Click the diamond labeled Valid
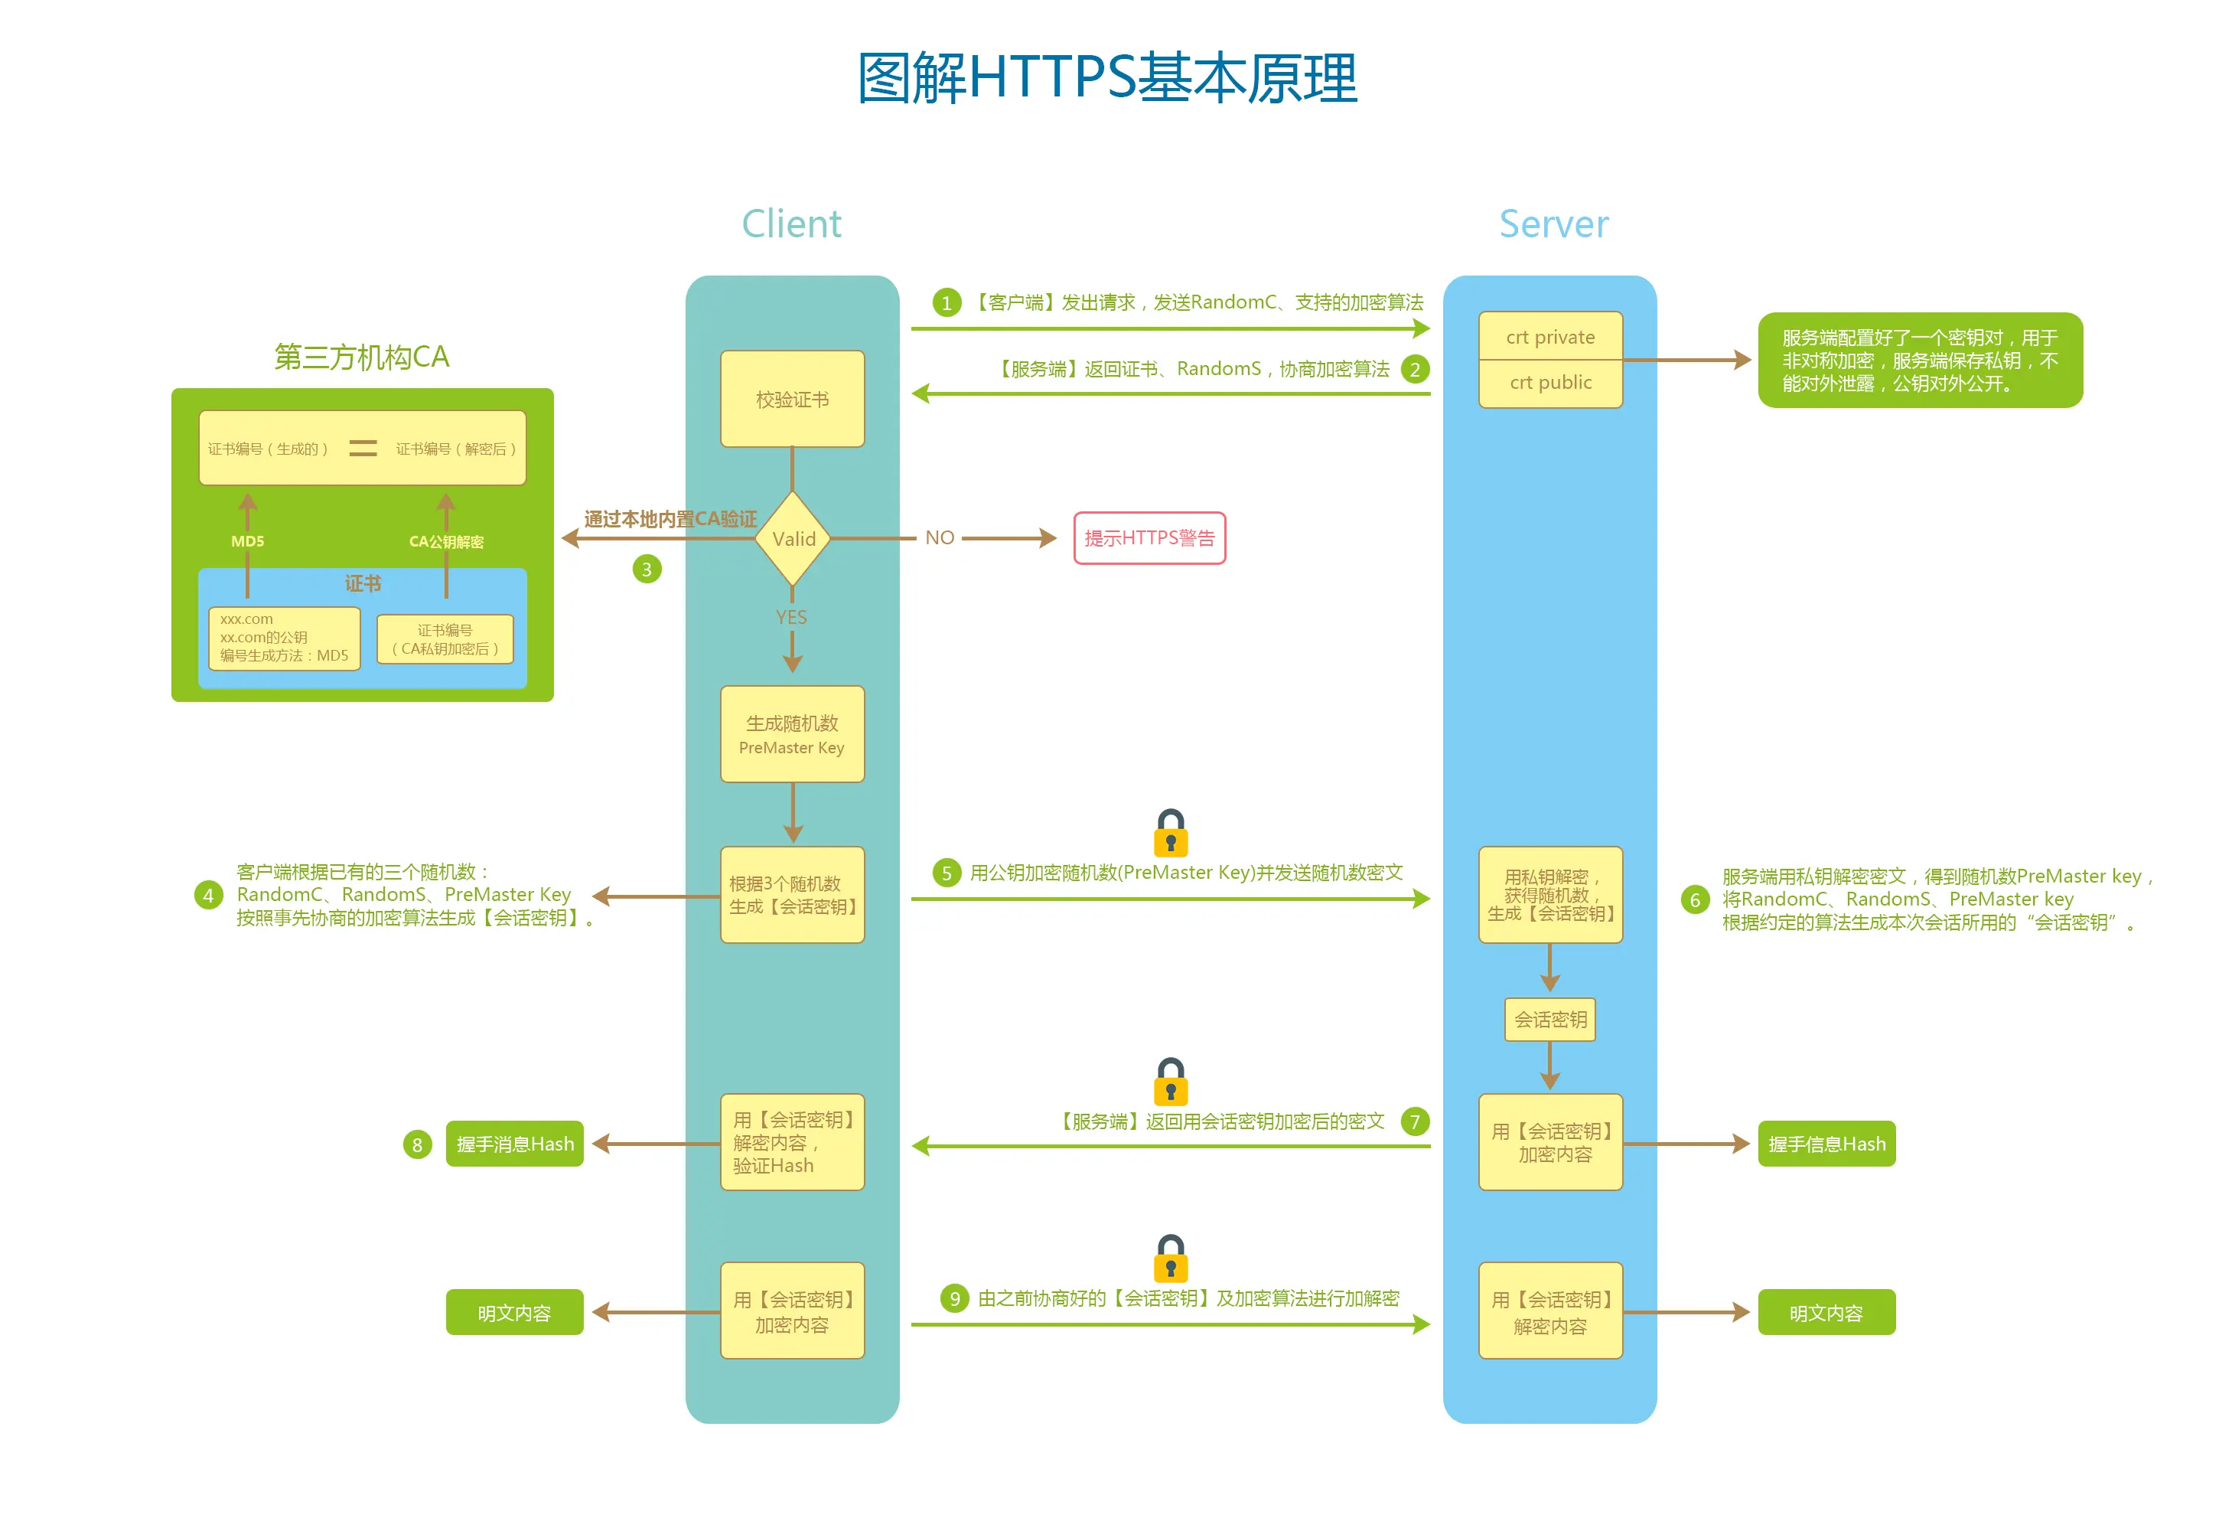coord(792,539)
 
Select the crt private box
coord(1549,337)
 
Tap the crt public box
coord(1549,383)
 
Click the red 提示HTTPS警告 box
coord(1149,538)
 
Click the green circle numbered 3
coord(647,570)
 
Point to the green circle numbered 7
coord(1415,1121)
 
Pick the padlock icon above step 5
coord(1170,833)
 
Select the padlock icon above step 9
coord(1170,1258)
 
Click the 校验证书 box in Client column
coord(792,399)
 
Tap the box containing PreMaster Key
coord(792,734)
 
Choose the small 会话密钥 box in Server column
coord(1549,1020)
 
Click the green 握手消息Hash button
coord(514,1144)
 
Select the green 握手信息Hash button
coord(1826,1144)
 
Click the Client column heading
coord(791,224)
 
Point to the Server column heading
coord(1553,224)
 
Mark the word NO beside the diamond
coord(939,538)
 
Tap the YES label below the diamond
coord(791,617)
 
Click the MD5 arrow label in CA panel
coord(247,541)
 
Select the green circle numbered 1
coord(947,303)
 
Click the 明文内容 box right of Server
coord(1826,1312)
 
